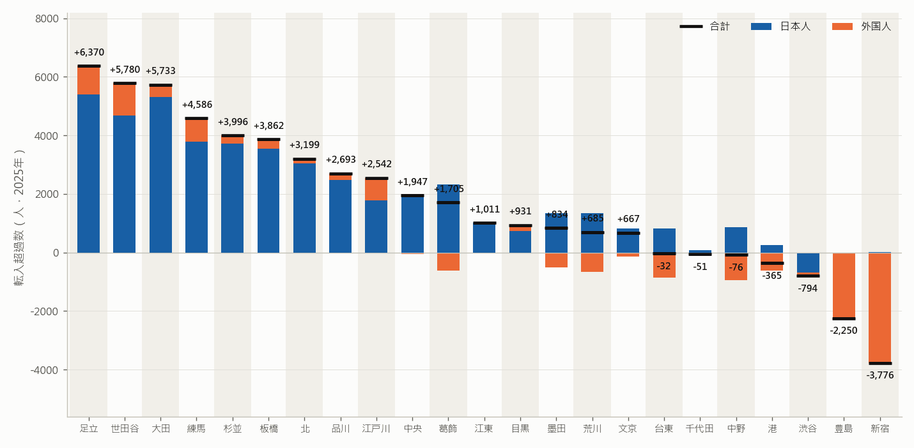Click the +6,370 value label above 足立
pyautogui.click(x=89, y=52)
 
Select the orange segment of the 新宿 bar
pyautogui.click(x=879, y=308)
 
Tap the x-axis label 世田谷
pyautogui.click(x=125, y=428)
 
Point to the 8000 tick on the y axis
pyautogui.click(x=47, y=19)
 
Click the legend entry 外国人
pyautogui.click(x=862, y=26)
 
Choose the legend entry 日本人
pyautogui.click(x=780, y=26)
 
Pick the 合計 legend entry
pyautogui.click(x=705, y=26)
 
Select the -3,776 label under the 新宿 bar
pyautogui.click(x=879, y=375)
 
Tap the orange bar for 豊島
pyautogui.click(x=844, y=285)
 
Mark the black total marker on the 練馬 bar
pyautogui.click(x=196, y=119)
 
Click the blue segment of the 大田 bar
pyautogui.click(x=161, y=175)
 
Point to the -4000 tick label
pyautogui.click(x=45, y=370)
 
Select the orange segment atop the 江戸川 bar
pyautogui.click(x=376, y=190)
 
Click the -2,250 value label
pyautogui.click(x=844, y=331)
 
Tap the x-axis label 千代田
pyautogui.click(x=700, y=428)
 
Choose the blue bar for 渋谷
pyautogui.click(x=808, y=263)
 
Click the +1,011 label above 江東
pyautogui.click(x=484, y=209)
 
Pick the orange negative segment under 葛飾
pyautogui.click(x=448, y=262)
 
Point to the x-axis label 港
pyautogui.click(x=772, y=428)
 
